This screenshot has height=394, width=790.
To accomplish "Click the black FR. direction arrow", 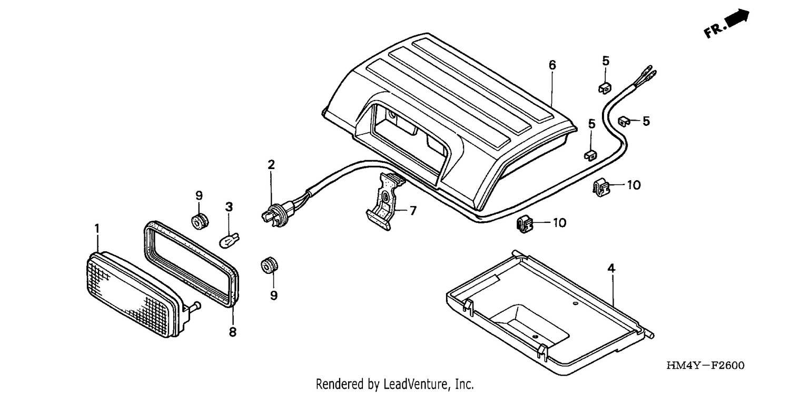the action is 737,18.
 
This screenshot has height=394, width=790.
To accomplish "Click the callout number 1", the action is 97,229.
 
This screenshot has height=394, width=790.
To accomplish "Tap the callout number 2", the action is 271,164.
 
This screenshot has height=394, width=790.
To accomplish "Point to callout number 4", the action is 611,269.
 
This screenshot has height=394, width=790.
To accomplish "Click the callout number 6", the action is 552,65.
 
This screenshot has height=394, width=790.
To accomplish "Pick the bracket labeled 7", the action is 384,201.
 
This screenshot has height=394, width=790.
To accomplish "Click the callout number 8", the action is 232,331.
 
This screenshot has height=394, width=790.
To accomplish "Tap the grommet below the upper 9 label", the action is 200,221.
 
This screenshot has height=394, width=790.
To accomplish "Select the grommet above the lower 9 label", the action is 269,265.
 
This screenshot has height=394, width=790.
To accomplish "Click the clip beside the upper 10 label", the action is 601,188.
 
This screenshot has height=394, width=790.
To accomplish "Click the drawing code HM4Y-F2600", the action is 705,365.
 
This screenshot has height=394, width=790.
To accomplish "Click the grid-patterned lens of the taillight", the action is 131,295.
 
